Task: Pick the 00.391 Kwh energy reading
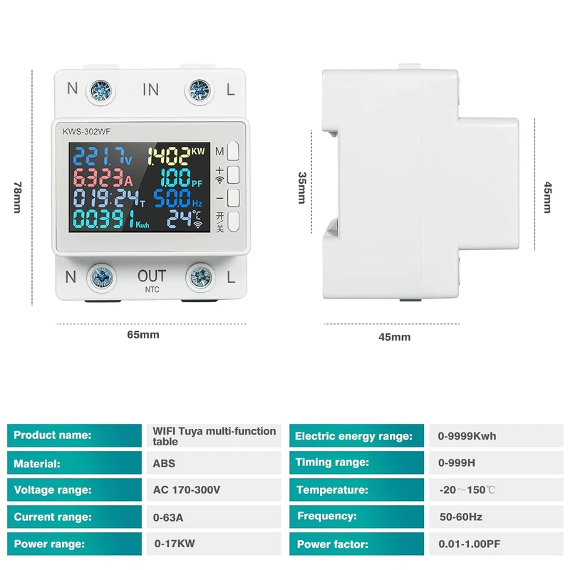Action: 103,218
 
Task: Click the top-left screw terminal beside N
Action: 98,90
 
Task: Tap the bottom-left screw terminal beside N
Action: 98,276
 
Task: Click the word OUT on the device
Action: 151,276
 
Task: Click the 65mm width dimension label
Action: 143,334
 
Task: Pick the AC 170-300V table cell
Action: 187,490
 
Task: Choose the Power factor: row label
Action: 333,544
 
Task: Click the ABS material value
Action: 164,463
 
